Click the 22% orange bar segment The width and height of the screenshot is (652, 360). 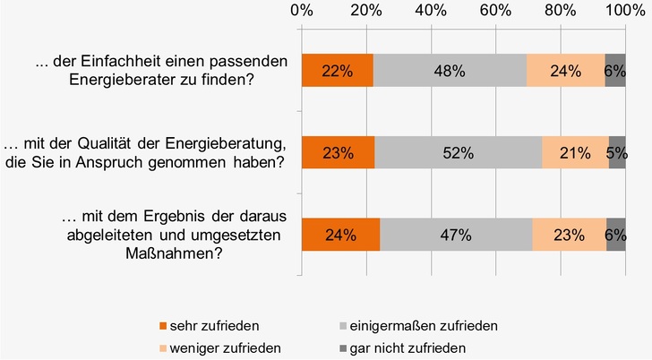[x=338, y=71]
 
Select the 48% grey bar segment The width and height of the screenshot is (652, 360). [x=450, y=71]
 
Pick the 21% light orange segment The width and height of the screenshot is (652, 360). [x=575, y=152]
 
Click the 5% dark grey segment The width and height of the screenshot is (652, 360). [x=617, y=152]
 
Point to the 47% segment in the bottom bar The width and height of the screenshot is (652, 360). [x=456, y=236]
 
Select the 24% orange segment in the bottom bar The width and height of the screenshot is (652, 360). [x=340, y=236]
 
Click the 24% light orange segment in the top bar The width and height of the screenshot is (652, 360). [x=565, y=71]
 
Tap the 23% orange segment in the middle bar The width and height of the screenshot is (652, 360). [x=339, y=152]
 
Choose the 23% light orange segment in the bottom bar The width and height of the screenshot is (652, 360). [x=569, y=236]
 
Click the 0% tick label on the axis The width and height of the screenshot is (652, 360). [x=302, y=12]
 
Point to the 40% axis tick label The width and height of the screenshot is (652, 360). [x=431, y=12]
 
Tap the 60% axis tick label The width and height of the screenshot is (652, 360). [x=495, y=12]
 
